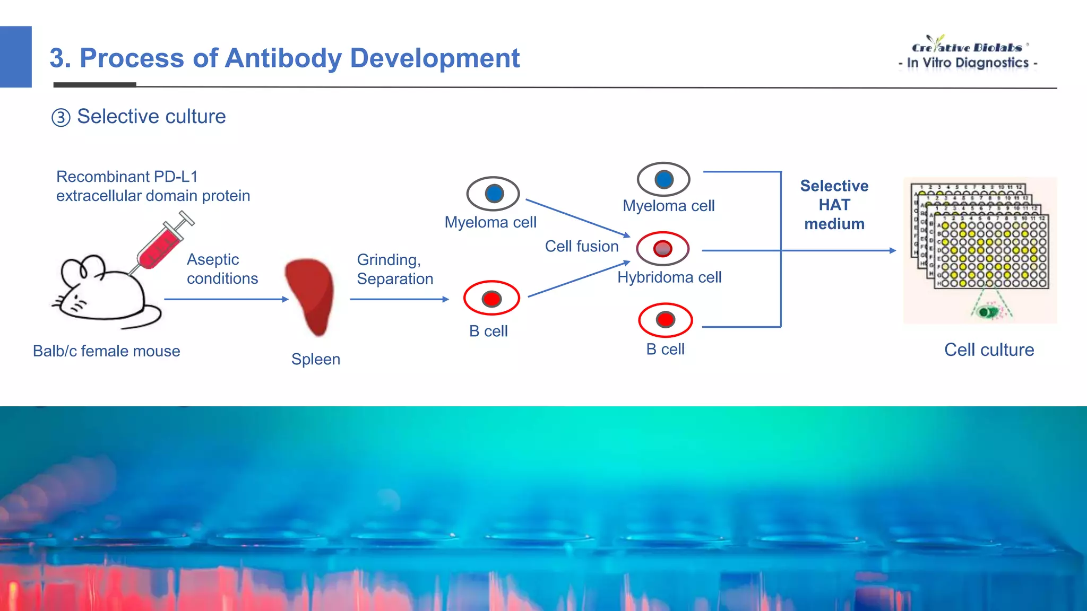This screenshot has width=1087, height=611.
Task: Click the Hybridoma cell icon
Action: point(662,248)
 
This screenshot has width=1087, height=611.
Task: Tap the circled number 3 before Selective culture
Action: point(61,117)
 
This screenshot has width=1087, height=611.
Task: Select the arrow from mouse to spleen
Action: point(226,299)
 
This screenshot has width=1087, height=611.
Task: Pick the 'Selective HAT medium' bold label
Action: point(834,205)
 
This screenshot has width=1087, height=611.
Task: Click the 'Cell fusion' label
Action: point(582,246)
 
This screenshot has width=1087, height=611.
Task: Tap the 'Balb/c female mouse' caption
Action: point(106,351)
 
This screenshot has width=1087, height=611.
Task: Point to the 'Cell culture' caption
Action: point(989,350)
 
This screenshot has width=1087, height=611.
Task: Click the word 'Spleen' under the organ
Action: point(316,359)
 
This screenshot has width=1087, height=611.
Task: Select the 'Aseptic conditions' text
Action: point(222,269)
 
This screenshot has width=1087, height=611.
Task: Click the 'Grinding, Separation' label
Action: point(394,269)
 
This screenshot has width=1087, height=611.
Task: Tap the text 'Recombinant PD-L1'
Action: point(127,177)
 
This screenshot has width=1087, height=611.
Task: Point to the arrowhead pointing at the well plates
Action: point(893,250)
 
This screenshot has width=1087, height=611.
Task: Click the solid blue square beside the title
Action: point(16,57)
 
